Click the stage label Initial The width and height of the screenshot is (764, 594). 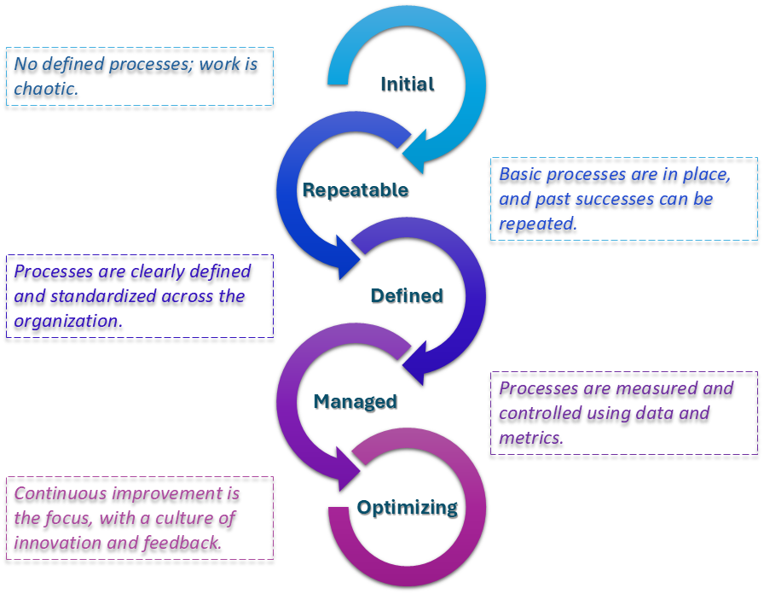pos(407,84)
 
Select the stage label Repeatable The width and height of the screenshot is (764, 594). pos(356,189)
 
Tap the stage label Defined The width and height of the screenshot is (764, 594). pos(407,295)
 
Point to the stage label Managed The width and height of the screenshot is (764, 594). pos(356,401)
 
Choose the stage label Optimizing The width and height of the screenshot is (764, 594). pos(407,507)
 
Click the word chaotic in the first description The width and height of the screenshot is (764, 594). pos(45,88)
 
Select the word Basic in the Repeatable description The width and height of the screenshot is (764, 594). pos(520,174)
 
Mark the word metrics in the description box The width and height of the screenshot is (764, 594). pos(530,438)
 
